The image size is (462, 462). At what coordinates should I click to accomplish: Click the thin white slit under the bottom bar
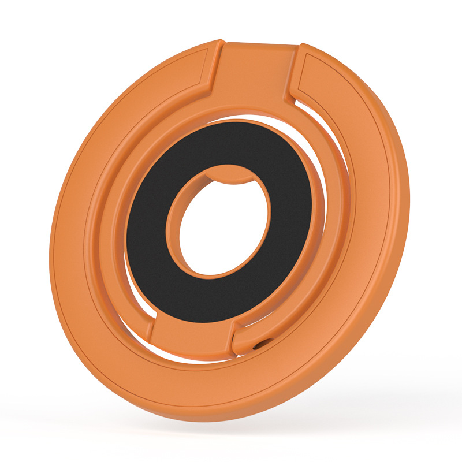pos(196,360)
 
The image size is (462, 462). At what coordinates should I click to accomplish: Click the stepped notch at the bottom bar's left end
pos(152,329)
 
